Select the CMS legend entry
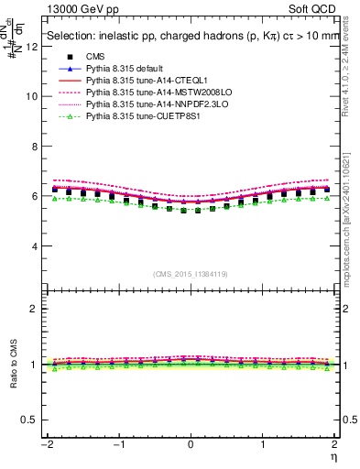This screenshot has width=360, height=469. pos(97,56)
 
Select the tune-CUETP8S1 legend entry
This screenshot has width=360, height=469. pos(138,117)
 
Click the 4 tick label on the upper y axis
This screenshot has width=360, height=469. pos(36,246)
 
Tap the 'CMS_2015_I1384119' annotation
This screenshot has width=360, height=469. pos(190,275)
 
